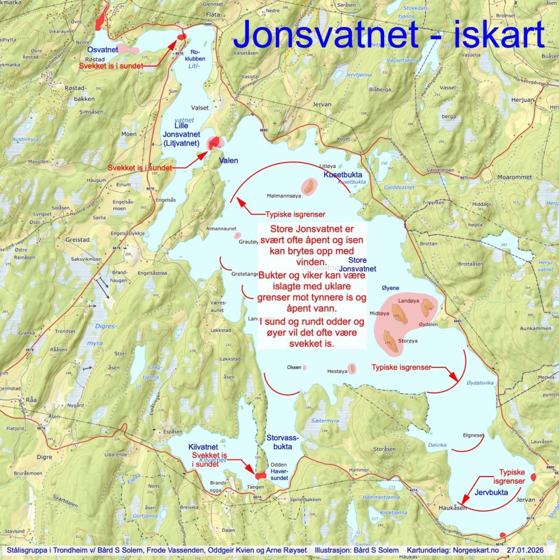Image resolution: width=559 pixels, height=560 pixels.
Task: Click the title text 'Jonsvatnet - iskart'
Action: [388, 35]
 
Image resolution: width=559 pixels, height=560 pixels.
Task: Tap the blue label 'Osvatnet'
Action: [102, 50]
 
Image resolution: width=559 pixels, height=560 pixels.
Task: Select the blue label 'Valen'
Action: [229, 160]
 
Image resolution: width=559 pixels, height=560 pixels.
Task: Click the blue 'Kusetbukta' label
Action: [343, 175]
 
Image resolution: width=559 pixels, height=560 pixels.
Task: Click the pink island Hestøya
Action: [351, 368]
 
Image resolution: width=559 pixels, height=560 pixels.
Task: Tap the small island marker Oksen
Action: [305, 368]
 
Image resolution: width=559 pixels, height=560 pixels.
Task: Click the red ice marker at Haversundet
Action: [260, 475]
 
